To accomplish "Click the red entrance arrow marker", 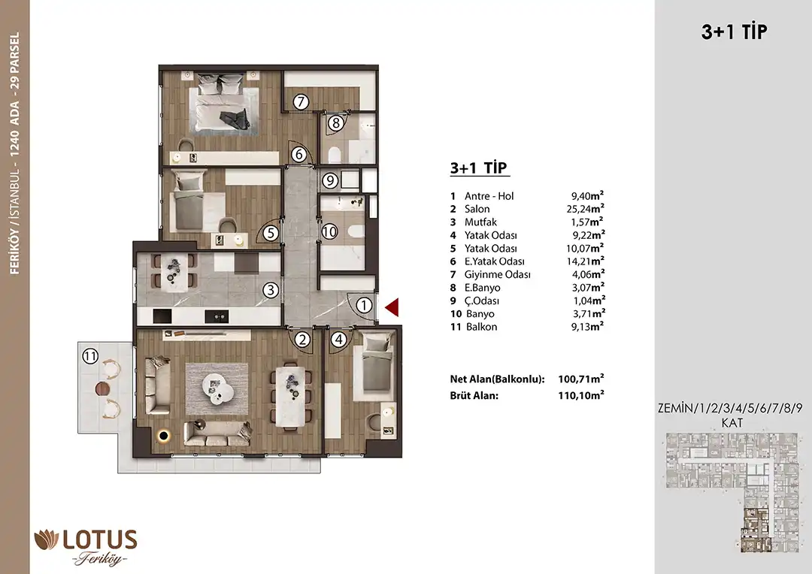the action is [x=392, y=307].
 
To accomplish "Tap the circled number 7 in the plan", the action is [x=301, y=102].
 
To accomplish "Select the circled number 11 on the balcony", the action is [x=90, y=356].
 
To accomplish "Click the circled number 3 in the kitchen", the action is [x=271, y=290].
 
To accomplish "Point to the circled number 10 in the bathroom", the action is [x=329, y=231].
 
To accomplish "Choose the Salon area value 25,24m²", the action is [x=585, y=209].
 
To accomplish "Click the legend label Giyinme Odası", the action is [x=497, y=274].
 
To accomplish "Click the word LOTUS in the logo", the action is [x=100, y=540].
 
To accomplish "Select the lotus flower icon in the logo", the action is [x=47, y=540].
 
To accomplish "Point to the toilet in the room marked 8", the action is [x=334, y=155].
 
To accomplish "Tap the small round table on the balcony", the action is [x=102, y=388].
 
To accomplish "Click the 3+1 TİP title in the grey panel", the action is [x=735, y=32].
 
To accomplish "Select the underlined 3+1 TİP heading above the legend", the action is [x=479, y=168].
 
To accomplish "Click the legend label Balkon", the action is [x=482, y=327].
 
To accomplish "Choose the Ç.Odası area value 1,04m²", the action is [x=588, y=301].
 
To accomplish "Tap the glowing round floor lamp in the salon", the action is [x=165, y=437].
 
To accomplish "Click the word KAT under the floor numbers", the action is [x=732, y=423].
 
